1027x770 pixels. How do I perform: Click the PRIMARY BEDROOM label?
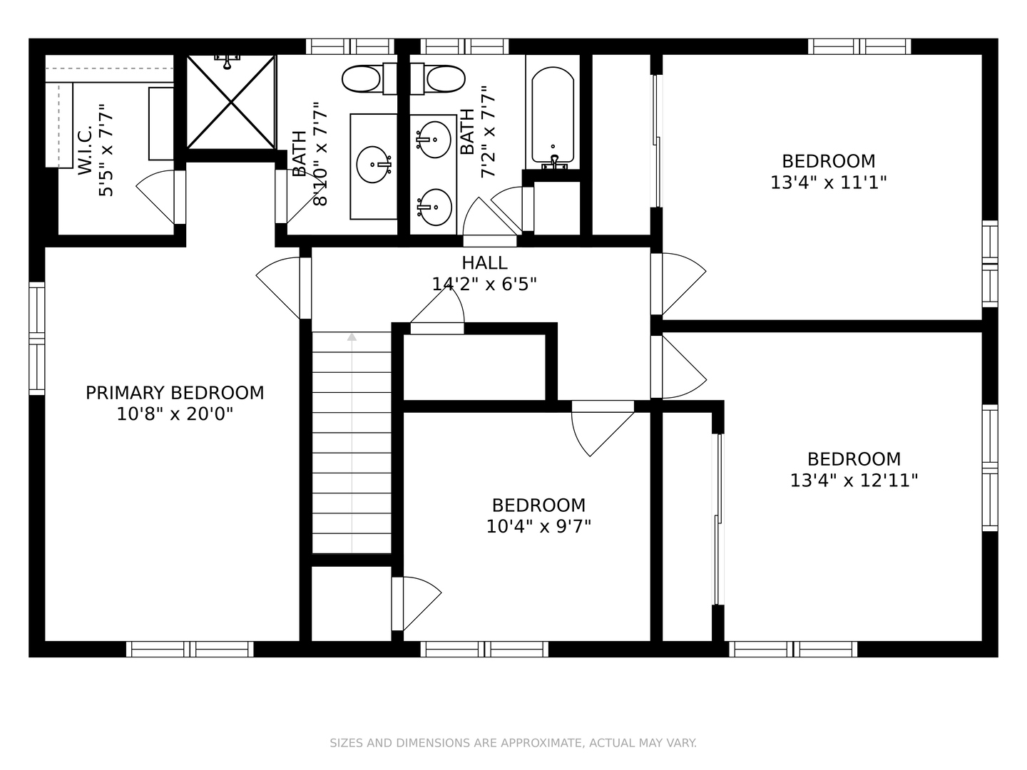[x=175, y=393]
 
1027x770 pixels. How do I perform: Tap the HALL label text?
[x=484, y=263]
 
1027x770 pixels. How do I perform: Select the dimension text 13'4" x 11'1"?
[x=828, y=183]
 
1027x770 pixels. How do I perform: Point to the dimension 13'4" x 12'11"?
[x=854, y=480]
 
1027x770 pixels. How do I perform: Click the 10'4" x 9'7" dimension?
[x=538, y=526]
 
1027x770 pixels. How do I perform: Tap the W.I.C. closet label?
[x=85, y=150]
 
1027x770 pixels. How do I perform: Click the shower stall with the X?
[x=230, y=102]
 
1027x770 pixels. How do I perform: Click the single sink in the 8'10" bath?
[x=374, y=165]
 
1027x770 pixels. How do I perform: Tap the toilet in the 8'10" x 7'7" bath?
[x=369, y=78]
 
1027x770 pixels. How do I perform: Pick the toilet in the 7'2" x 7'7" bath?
[x=438, y=78]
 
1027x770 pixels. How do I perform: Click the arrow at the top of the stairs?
[x=352, y=337]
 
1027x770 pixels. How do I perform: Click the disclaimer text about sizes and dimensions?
[x=513, y=743]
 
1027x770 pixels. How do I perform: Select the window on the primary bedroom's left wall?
[x=37, y=339]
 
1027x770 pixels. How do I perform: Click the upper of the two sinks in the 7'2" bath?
[x=434, y=139]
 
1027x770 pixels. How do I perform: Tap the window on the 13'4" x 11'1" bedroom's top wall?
[x=859, y=47]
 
